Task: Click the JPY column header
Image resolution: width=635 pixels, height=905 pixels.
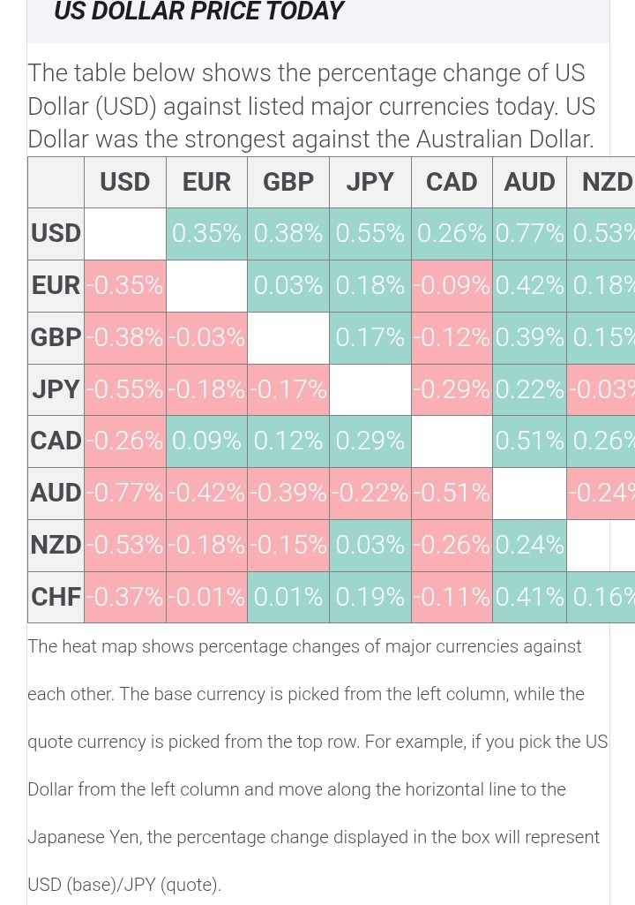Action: coord(370,182)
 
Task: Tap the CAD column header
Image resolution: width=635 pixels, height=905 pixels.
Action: coord(452,182)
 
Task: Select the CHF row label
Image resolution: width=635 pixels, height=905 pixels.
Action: coord(56,597)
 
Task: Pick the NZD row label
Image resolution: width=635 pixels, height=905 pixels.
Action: coord(56,545)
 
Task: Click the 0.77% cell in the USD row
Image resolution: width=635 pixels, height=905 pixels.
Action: coord(529,233)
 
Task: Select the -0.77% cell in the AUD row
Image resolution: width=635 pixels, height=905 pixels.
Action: coord(124,493)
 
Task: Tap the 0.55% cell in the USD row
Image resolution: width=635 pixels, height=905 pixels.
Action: coord(370,233)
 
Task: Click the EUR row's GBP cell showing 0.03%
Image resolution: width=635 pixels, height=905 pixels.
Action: coord(288,285)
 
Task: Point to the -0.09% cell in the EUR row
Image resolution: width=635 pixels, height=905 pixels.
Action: coord(452,285)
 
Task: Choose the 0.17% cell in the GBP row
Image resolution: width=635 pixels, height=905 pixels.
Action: coord(370,337)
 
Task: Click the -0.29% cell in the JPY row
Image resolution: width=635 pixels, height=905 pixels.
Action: coord(452,389)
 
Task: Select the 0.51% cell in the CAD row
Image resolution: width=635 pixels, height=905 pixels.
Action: coord(529,441)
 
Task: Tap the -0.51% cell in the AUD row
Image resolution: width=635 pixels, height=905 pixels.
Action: coord(452,493)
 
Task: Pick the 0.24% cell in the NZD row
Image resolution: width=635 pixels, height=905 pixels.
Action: coord(529,545)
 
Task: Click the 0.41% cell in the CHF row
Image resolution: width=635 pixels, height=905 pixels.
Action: coord(529,597)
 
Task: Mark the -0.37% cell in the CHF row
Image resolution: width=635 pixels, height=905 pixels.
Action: coord(124,597)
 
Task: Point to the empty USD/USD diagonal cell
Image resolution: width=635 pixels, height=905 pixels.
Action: coord(124,233)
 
